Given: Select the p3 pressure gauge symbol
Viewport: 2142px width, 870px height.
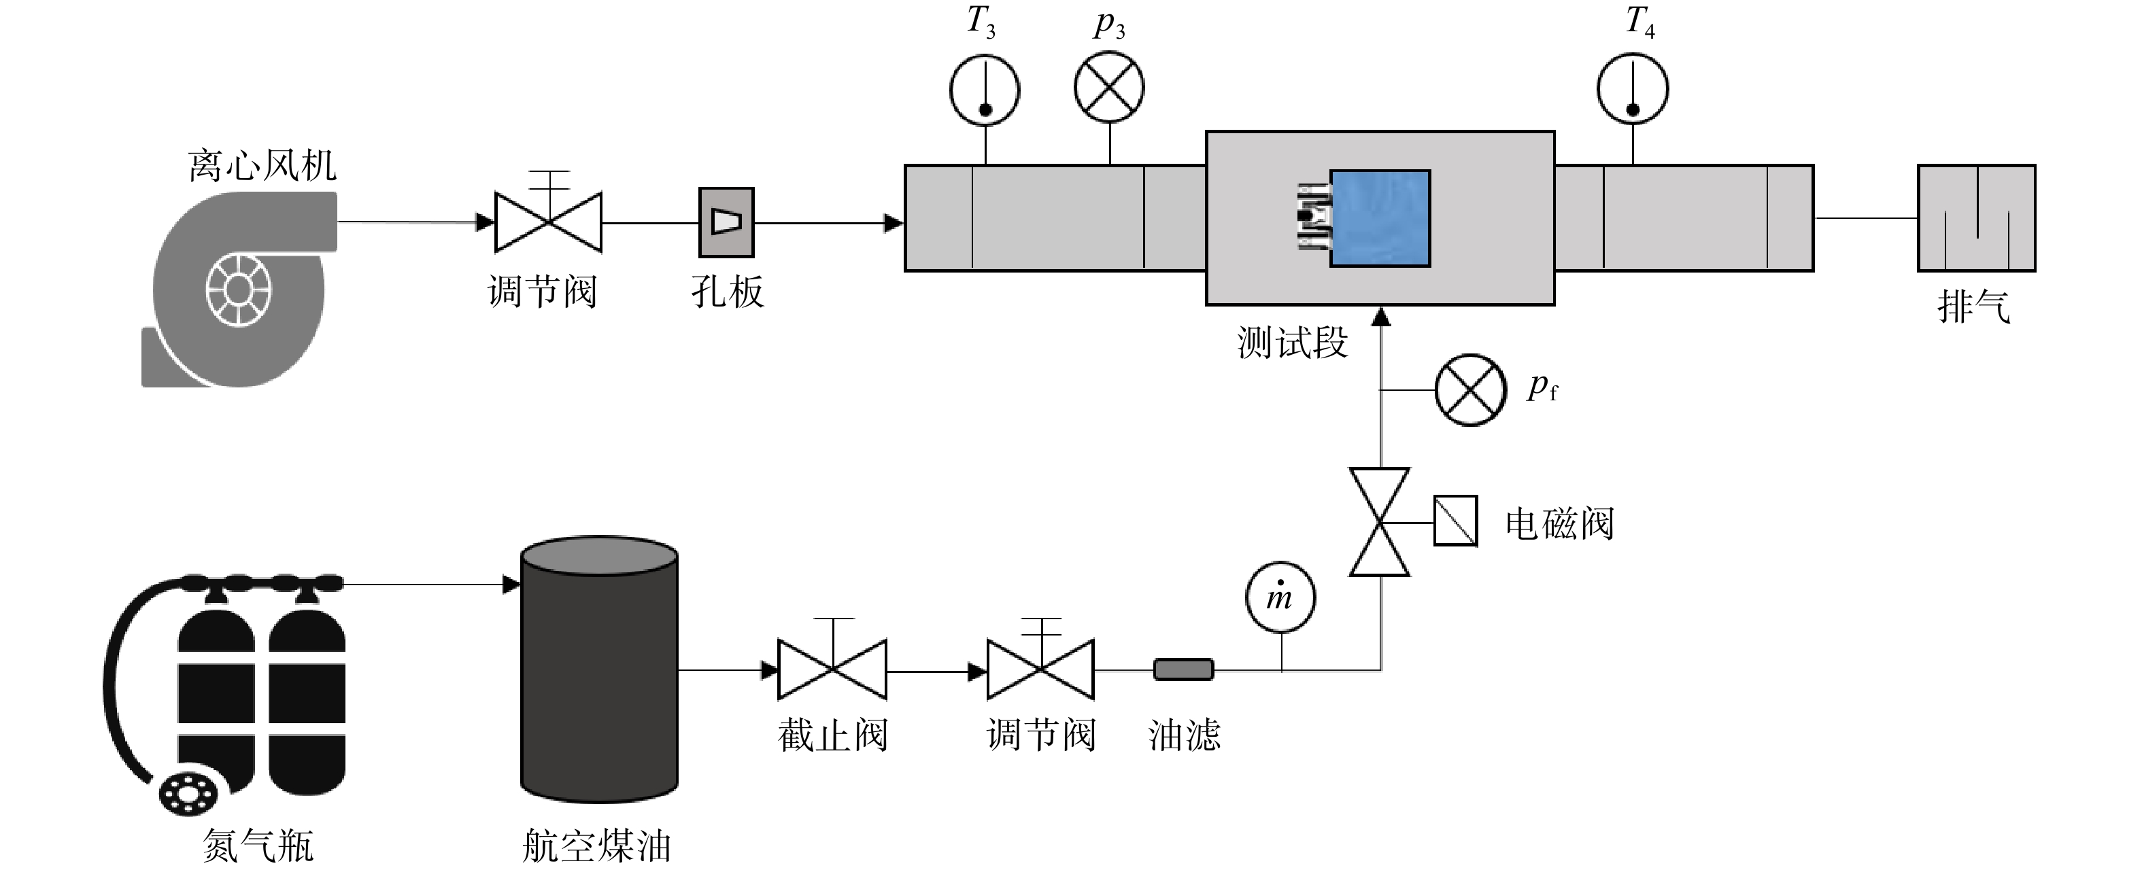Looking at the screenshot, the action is (x=1109, y=86).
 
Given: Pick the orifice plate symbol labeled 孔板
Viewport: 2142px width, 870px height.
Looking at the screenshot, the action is (x=726, y=222).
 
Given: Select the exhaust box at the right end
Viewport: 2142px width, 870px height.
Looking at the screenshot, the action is (x=1977, y=217).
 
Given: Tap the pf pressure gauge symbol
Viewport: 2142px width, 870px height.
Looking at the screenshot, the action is (x=1470, y=389).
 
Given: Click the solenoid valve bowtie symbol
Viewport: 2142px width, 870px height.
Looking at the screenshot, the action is (x=1380, y=522).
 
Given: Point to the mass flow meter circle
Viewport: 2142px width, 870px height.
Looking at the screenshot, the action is (x=1280, y=597).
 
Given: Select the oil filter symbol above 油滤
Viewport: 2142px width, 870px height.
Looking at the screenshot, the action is (x=1183, y=669).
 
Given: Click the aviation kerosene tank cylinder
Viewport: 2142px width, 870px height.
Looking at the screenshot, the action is (x=598, y=669).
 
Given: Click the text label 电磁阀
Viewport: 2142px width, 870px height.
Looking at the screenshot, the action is (x=1559, y=524).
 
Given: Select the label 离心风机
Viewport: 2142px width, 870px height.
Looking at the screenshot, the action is (x=262, y=165).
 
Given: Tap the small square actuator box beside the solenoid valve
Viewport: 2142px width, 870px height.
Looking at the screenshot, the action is (x=1455, y=521).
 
